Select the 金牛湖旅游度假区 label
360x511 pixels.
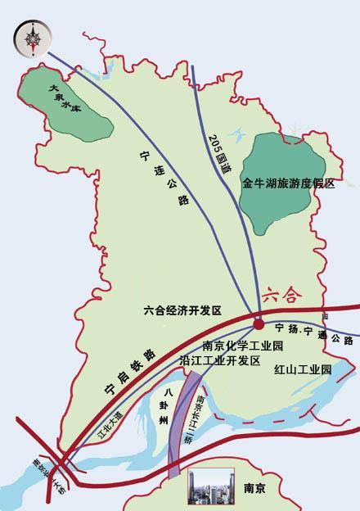pyautogui.click(x=288, y=185)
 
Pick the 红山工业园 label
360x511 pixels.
pyautogui.click(x=304, y=370)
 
